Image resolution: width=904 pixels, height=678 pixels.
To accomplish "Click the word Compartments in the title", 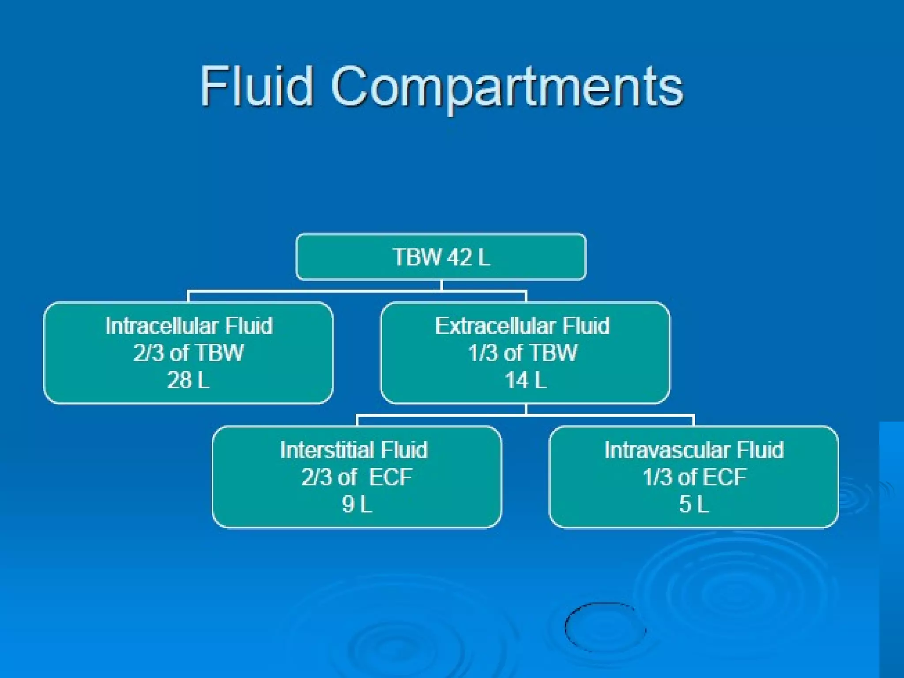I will [507, 87].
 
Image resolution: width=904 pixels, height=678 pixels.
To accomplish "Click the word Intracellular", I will [161, 326].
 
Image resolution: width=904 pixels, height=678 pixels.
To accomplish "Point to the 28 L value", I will [188, 380].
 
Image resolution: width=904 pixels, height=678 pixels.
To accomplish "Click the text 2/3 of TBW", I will [188, 353].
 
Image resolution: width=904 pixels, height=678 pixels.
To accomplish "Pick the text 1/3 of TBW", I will [523, 353].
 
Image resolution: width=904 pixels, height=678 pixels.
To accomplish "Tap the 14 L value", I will [525, 380].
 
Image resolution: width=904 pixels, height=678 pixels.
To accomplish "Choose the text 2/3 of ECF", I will [357, 477].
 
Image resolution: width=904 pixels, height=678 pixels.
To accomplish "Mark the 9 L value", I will [357, 504].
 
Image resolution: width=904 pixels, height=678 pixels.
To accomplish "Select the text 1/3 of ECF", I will [694, 477].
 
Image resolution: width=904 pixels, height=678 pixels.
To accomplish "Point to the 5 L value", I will [694, 504].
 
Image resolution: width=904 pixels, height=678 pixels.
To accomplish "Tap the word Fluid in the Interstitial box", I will [404, 450].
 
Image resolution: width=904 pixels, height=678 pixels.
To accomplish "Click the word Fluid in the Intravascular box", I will [760, 450].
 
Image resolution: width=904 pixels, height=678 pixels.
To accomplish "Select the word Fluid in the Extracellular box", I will [586, 326].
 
